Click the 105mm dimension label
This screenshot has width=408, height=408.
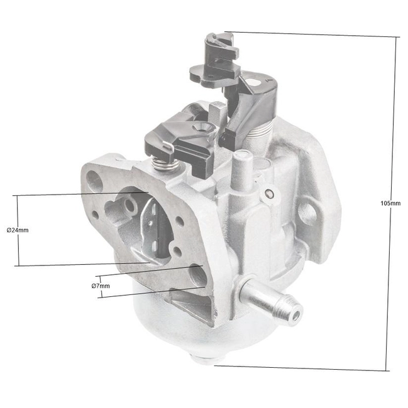coord(390,203)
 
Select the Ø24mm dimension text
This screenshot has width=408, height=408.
coord(17,230)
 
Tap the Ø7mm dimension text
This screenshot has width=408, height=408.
coord(101,286)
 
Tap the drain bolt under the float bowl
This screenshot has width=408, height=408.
coord(204,360)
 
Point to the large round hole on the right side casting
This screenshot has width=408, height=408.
coord(306,212)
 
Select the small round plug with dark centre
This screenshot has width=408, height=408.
coord(270,194)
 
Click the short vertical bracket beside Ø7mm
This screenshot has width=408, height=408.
coord(99,286)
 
